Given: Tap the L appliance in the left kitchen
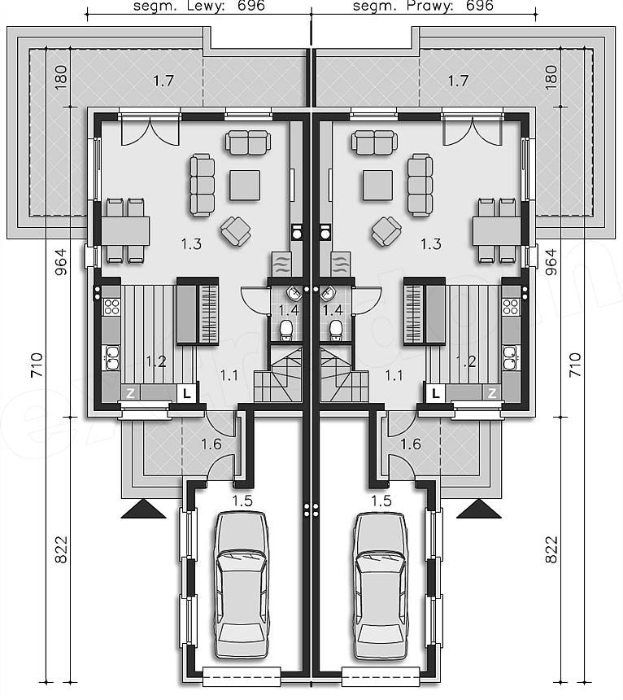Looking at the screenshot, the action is [187, 393].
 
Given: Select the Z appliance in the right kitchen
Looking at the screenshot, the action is [492, 393].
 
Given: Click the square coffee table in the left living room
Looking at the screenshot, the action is [245, 186].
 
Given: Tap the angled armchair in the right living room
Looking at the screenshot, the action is [386, 232].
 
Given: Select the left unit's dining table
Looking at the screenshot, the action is [125, 231].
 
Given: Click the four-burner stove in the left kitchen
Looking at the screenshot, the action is [111, 306].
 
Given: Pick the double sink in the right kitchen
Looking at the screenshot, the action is [512, 357].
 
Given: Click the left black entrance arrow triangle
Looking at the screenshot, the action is [144, 509].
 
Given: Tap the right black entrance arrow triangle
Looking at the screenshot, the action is [479, 509].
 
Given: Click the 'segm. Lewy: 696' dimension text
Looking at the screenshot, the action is [199, 6].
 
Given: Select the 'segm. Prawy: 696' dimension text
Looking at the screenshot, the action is [423, 6].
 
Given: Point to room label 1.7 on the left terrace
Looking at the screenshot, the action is [163, 81].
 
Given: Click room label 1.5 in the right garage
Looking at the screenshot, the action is [381, 501].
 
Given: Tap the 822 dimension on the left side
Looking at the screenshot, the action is [61, 549].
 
